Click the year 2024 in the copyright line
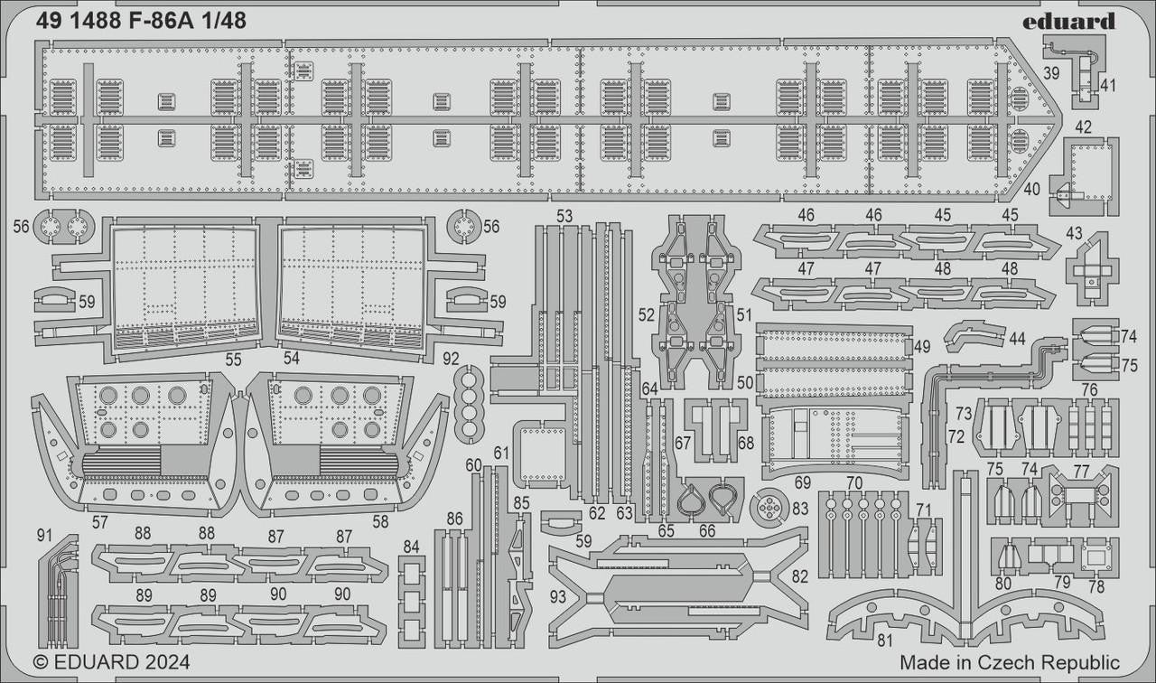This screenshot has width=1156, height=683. point(165,662)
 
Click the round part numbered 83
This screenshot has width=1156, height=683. point(769,509)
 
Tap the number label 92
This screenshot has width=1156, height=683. point(452,357)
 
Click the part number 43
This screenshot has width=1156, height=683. point(1074,233)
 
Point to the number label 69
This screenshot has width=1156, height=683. point(803,482)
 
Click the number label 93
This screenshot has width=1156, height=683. point(557,596)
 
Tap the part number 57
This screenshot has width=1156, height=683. point(99,522)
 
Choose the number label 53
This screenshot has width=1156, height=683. point(564,216)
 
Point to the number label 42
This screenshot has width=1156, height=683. point(1084,127)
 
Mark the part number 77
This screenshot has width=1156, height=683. point(1081,471)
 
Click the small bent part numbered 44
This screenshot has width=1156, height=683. point(974,333)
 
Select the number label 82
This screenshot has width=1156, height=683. point(799,576)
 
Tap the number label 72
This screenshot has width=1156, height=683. point(956,436)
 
